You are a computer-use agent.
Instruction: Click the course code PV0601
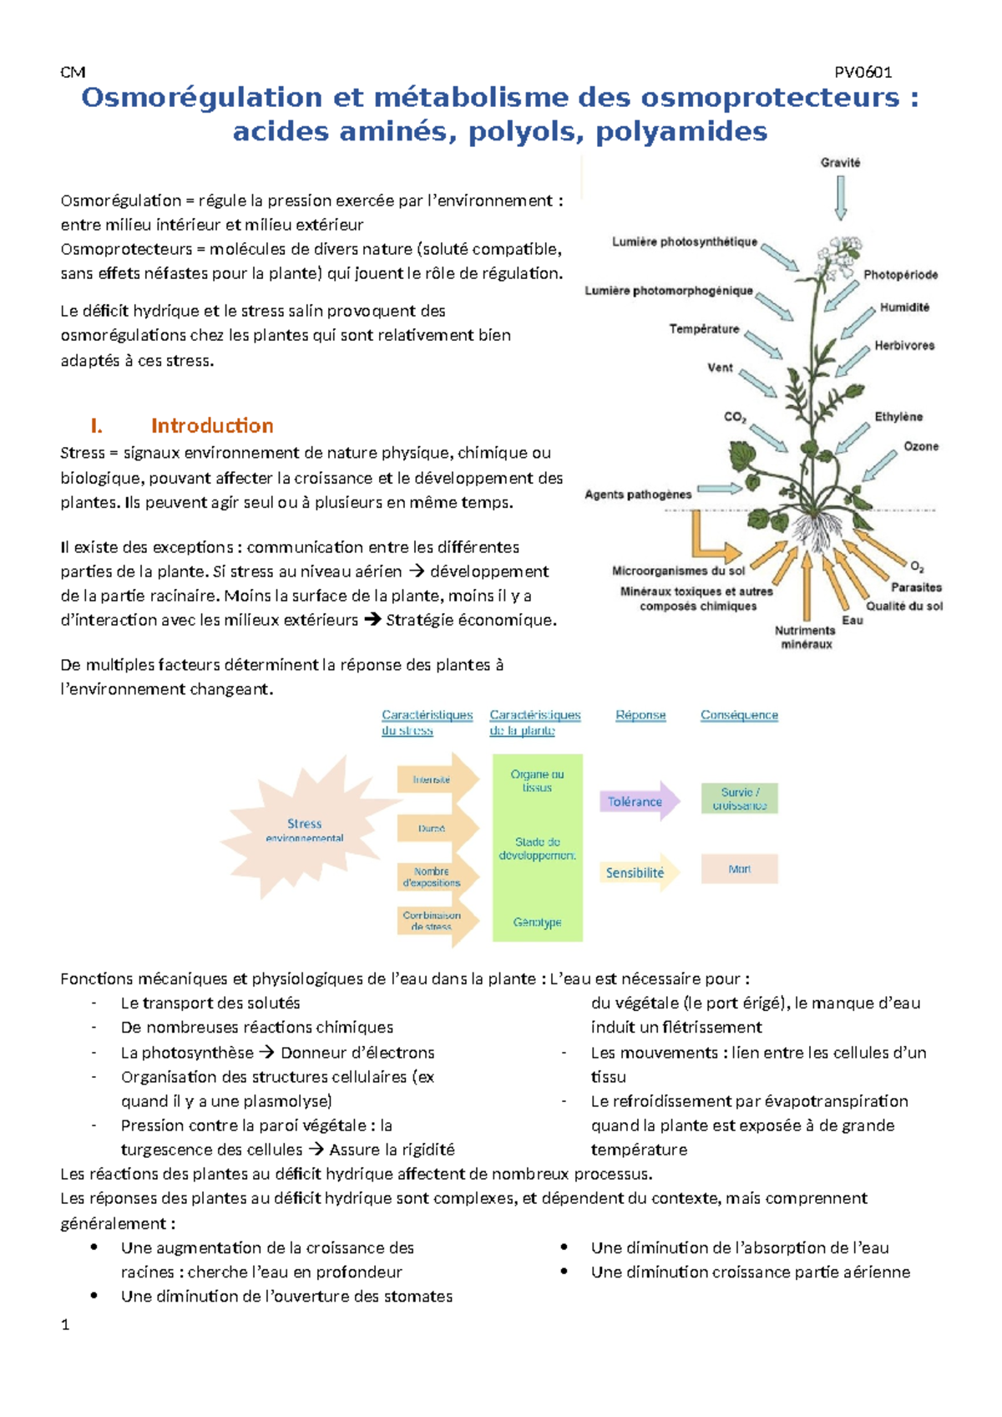tap(863, 72)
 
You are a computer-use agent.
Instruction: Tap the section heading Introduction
tap(212, 425)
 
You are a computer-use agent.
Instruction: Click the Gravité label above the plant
tap(840, 162)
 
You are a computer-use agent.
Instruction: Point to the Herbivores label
tap(904, 345)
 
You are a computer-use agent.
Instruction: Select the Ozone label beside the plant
tap(921, 446)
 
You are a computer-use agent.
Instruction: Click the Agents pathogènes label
tap(638, 494)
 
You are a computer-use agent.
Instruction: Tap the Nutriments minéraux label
tap(805, 637)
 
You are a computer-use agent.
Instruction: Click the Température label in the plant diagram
tap(704, 328)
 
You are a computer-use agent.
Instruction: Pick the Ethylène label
tap(898, 416)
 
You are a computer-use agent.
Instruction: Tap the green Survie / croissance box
tap(739, 798)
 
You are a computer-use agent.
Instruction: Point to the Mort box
tap(739, 869)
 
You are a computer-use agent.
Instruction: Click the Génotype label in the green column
tap(537, 922)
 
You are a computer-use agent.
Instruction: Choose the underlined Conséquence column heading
tap(739, 715)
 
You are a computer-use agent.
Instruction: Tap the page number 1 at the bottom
tap(65, 1324)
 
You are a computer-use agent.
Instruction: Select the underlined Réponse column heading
tap(640, 715)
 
